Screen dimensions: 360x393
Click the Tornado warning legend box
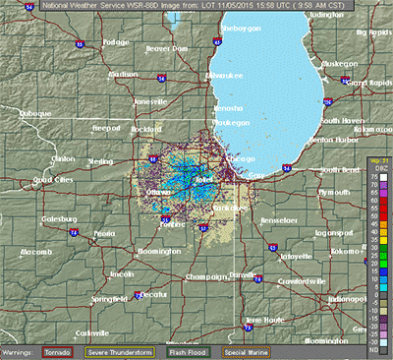pos(61,351)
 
